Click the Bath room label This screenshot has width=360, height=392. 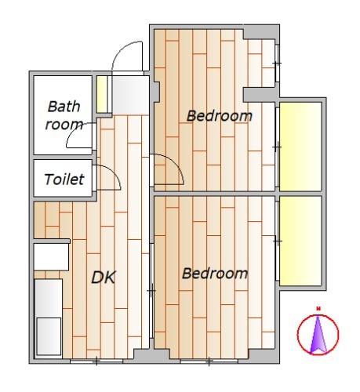(64, 115)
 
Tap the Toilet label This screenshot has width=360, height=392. (64, 180)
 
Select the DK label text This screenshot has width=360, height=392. (104, 278)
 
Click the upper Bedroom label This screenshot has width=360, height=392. (220, 116)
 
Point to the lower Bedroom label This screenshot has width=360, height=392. (215, 274)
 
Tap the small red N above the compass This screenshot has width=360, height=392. (318, 309)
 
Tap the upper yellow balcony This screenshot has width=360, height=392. (300, 147)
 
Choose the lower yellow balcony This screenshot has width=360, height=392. (300, 241)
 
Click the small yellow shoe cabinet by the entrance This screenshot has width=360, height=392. (102, 94)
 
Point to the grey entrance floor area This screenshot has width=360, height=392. (130, 95)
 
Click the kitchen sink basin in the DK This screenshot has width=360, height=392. (49, 336)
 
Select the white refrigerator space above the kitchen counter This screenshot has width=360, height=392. (51, 257)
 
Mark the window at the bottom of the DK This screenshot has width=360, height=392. (96, 361)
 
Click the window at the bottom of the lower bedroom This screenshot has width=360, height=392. (209, 361)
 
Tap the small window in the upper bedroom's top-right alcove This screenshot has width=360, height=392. (277, 64)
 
